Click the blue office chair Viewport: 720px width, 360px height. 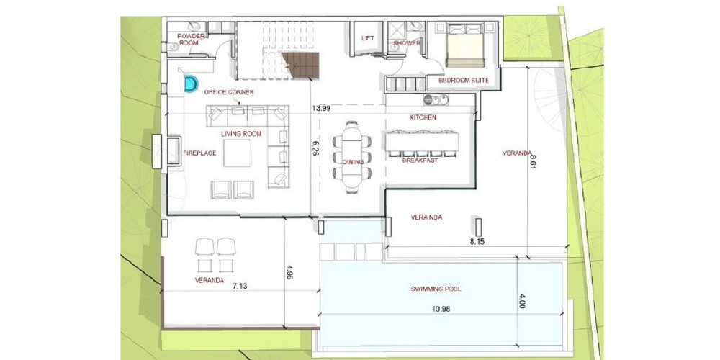(x=191, y=84)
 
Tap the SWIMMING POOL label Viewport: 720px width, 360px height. (x=436, y=289)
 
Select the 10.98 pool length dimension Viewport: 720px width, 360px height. (x=441, y=309)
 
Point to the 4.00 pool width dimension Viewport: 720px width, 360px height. (x=521, y=304)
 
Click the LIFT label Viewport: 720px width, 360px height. (x=368, y=38)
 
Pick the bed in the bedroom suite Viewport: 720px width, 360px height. (x=465, y=45)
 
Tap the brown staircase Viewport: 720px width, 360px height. (x=301, y=66)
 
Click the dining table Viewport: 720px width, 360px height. (x=352, y=157)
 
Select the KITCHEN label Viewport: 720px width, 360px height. (x=423, y=117)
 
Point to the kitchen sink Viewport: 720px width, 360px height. (x=436, y=99)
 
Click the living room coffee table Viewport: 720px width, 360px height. (x=238, y=153)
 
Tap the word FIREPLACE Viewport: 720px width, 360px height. (x=199, y=153)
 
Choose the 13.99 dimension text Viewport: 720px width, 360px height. (x=321, y=109)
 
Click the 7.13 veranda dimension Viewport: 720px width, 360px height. (x=240, y=286)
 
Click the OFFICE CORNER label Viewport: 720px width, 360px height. (x=229, y=92)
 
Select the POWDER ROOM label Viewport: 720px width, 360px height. (x=188, y=39)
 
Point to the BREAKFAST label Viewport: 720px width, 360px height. (x=420, y=161)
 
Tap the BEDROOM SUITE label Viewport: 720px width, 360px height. (x=464, y=81)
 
